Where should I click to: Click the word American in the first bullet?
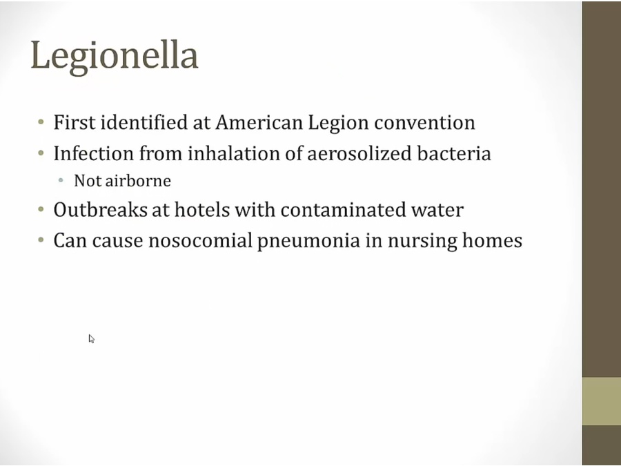tap(259, 122)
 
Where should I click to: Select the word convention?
tap(424, 123)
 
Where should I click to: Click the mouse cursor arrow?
tap(91, 339)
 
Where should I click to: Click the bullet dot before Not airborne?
tap(61, 181)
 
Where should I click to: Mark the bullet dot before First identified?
tap(41, 122)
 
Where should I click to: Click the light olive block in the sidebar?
tap(601, 401)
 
